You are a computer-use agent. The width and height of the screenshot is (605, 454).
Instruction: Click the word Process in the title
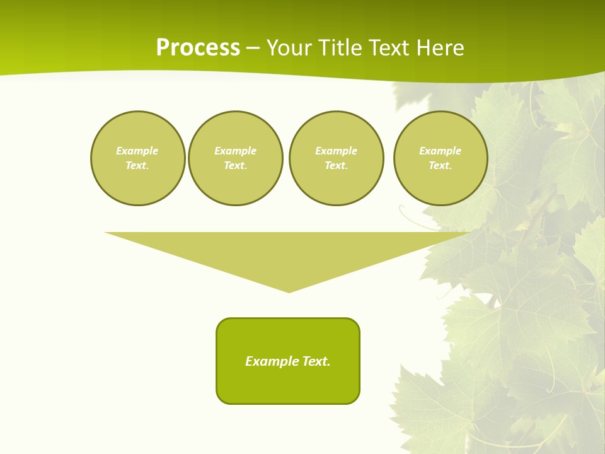[198, 48]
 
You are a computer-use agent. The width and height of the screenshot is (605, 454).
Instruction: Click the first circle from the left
[138, 158]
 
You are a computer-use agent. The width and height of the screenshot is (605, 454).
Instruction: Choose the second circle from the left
[236, 158]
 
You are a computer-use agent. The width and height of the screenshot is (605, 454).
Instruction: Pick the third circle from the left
[337, 158]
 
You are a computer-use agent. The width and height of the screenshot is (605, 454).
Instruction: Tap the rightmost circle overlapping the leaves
[441, 158]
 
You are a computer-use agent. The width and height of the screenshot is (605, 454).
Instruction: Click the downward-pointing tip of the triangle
[289, 291]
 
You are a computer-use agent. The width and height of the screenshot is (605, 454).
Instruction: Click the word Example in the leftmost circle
[137, 151]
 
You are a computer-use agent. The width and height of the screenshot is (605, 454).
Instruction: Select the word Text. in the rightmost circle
[441, 166]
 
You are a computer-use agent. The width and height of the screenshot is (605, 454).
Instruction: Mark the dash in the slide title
[253, 49]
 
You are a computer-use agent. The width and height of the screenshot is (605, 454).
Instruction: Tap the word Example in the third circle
[337, 151]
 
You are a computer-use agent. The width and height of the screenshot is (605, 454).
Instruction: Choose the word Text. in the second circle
[236, 166]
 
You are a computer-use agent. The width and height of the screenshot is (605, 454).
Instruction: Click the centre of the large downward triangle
[289, 252]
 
